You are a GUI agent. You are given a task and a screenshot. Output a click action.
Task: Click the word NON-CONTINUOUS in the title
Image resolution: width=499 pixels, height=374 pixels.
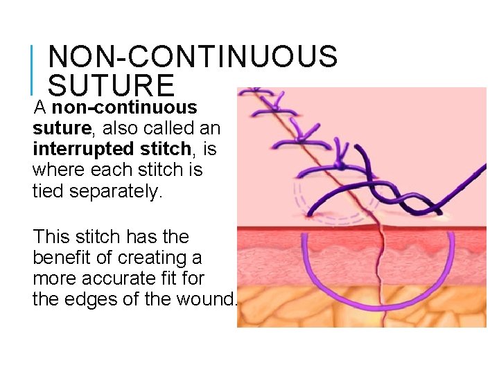[x=193, y=57]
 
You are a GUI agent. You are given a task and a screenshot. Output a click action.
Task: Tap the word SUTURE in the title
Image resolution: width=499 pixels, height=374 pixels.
[x=111, y=85]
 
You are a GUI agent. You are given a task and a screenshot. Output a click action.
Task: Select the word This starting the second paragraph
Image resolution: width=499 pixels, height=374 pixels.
[x=53, y=237]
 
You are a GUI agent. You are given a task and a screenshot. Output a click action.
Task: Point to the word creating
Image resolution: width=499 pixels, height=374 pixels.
[x=148, y=258]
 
